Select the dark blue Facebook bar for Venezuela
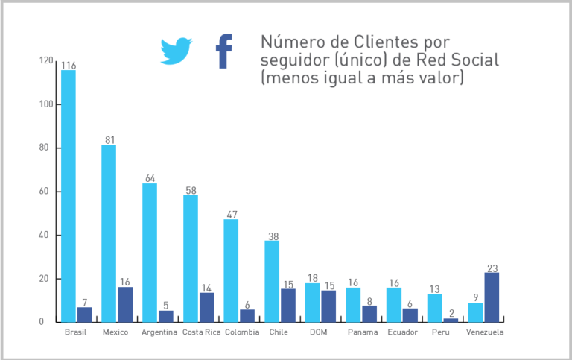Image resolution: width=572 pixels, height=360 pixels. [x=492, y=297]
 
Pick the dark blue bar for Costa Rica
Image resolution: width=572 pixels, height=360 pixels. [x=206, y=307]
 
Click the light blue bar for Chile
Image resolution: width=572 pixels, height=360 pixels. [x=272, y=281]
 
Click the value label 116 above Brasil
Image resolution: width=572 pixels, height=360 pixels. [x=69, y=66]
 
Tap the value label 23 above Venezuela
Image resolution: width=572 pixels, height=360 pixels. [x=492, y=268]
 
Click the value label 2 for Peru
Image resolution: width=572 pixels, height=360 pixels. [x=451, y=315]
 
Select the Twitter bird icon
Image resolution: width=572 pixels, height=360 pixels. [x=177, y=51]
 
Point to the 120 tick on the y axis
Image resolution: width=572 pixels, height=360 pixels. [x=47, y=60]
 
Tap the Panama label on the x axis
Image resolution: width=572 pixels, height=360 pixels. [x=363, y=332]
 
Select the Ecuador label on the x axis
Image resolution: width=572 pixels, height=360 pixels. [x=403, y=332]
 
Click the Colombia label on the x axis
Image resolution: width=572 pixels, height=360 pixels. [x=242, y=332]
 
